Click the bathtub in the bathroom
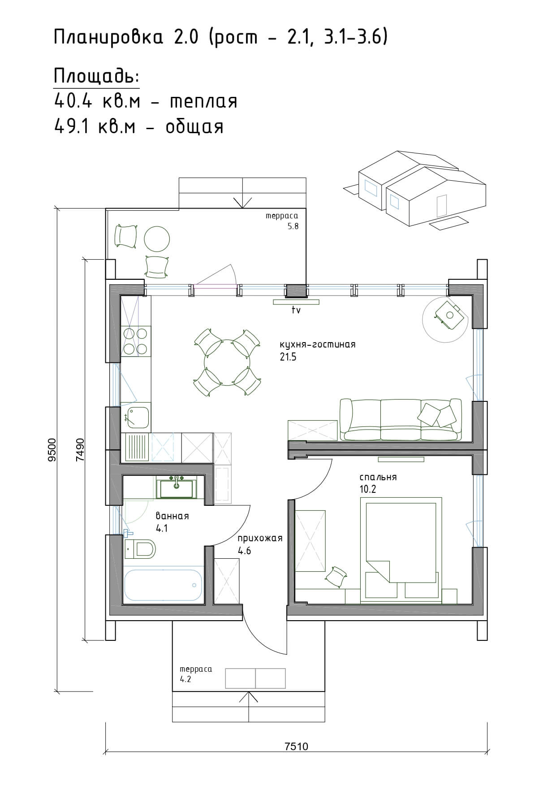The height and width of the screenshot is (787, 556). point(162,585)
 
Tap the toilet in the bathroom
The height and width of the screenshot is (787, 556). point(140,548)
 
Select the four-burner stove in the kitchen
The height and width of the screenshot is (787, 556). point(135,341)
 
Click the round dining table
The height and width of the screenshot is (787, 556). point(227,362)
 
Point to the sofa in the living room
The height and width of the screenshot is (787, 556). point(401,420)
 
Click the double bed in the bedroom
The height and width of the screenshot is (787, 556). point(401,548)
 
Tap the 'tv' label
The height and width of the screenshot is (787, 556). point(296,310)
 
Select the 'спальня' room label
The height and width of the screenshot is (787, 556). point(378,477)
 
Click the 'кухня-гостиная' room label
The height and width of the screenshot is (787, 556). point(317,344)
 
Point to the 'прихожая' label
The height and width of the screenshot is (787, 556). point(260,538)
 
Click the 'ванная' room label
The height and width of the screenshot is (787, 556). point(172,516)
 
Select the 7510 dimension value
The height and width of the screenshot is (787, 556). point(297,746)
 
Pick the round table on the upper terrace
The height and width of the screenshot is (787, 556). point(157,239)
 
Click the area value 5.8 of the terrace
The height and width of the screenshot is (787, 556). point(293,226)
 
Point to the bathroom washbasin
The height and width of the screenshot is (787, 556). point(176,488)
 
